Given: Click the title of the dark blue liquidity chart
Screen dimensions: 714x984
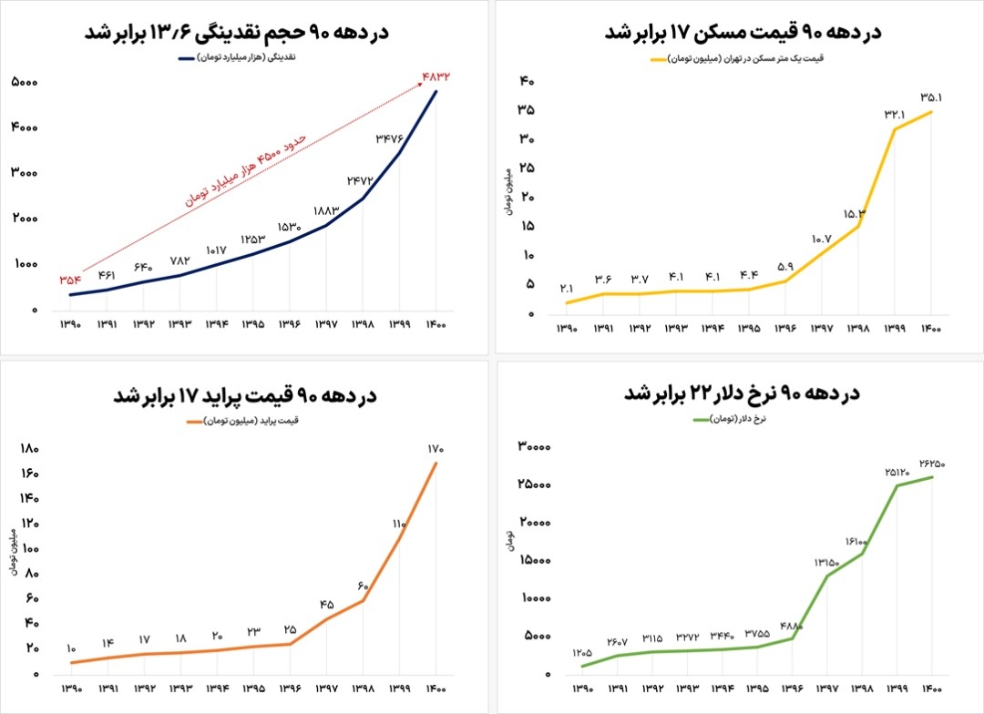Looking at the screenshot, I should pyautogui.click(x=237, y=32).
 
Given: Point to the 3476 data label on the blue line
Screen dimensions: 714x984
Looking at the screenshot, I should pyautogui.click(x=390, y=138).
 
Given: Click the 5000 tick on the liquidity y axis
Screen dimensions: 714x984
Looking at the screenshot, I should pyautogui.click(x=25, y=83).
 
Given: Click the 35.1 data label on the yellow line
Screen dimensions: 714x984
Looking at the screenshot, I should pyautogui.click(x=931, y=96).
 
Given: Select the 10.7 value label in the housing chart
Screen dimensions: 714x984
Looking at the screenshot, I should pyautogui.click(x=821, y=239).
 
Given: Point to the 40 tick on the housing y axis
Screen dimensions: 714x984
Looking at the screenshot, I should pyautogui.click(x=527, y=82).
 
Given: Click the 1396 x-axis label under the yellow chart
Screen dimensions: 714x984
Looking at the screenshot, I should pyautogui.click(x=784, y=328).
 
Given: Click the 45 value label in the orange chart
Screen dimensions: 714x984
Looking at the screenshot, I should pyautogui.click(x=326, y=605).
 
